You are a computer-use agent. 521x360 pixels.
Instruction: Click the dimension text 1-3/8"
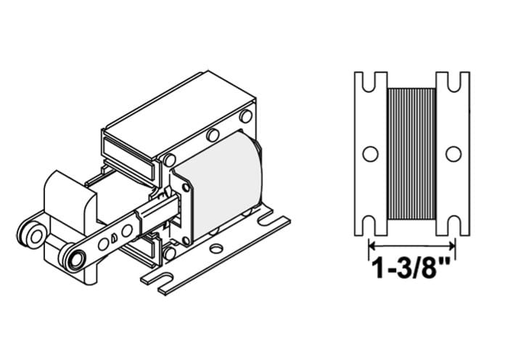pyautogui.click(x=411, y=268)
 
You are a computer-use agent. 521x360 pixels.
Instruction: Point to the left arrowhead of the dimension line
pyautogui.click(x=372, y=246)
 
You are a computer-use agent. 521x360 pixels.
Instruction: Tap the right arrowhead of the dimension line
pyautogui.click(x=452, y=246)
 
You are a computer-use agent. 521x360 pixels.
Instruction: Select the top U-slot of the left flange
pyautogui.click(x=369, y=81)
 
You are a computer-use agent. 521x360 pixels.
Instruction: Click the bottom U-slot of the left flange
pyautogui.click(x=369, y=226)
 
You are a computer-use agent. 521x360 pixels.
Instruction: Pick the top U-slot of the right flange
pyautogui.click(x=454, y=81)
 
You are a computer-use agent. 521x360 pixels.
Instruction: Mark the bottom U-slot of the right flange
pyautogui.click(x=454, y=226)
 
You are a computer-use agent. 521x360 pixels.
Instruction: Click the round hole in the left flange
pyautogui.click(x=370, y=154)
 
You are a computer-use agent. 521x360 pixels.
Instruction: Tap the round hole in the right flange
pyautogui.click(x=454, y=154)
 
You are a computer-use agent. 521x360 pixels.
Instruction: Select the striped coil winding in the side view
pyautogui.click(x=411, y=154)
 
